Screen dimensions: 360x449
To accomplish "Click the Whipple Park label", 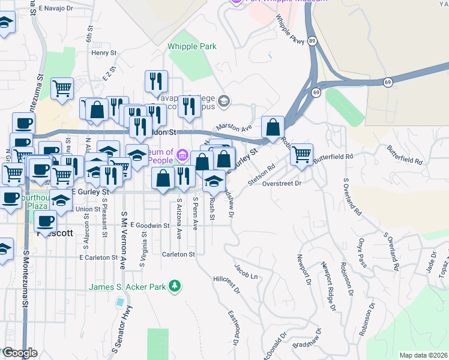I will pos(192,46).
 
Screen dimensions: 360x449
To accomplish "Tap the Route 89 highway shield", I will pos(313,40).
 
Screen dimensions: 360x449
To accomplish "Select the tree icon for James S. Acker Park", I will pos(175,287).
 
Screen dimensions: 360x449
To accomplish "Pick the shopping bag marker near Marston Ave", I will pos(273,127).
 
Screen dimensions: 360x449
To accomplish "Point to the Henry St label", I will pos(104,53).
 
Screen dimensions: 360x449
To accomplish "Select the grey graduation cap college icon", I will pos(224,101).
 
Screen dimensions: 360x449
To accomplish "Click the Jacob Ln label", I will pos(246,272).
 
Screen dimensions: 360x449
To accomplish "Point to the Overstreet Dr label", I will pos(281,184).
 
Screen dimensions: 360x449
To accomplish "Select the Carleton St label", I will pos(179,254).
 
